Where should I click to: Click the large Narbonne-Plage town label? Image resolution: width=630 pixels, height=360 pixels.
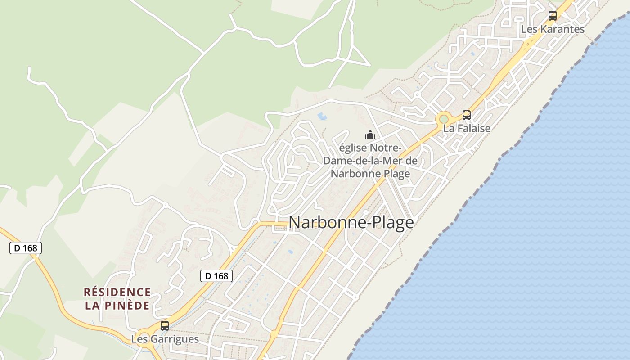[x=351, y=222]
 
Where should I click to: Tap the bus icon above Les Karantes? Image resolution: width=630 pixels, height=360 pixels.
[x=552, y=16]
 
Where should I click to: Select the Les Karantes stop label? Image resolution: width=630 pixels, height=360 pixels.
[x=552, y=29]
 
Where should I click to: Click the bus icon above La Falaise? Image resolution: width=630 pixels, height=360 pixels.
[x=467, y=115]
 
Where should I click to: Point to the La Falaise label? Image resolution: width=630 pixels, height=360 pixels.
[x=467, y=128]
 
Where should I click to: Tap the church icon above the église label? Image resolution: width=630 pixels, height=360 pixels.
[x=370, y=135]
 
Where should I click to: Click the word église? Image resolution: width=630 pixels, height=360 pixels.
[x=354, y=148]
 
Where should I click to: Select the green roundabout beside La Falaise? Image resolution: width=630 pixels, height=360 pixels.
[x=444, y=119]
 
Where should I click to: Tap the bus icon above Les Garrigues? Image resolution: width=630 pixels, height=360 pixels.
[x=165, y=325]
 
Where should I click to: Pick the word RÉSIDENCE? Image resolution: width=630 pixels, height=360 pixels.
[x=117, y=292]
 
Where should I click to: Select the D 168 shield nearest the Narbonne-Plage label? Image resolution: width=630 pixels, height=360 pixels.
[x=216, y=276]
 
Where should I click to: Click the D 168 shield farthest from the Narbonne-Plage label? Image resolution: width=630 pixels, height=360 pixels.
[x=26, y=247]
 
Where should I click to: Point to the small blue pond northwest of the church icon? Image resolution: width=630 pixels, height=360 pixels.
[x=322, y=117]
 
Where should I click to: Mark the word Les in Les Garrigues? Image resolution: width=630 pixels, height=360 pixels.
[x=139, y=339]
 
